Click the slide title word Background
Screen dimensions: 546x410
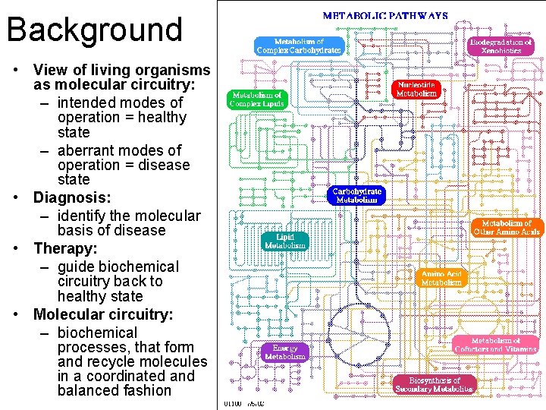tap(95, 29)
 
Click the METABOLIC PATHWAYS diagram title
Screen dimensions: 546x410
tap(385, 14)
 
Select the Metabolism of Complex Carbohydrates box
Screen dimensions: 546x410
tap(298, 46)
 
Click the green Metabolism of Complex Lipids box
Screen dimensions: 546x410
tap(258, 99)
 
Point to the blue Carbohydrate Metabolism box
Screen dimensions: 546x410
tap(357, 195)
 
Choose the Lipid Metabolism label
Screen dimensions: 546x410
tap(285, 241)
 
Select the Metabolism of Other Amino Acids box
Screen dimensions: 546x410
tap(507, 227)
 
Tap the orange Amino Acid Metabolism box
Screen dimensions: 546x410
tap(441, 277)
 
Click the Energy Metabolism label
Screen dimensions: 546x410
tap(285, 352)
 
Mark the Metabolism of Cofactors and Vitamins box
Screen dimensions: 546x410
tap(496, 345)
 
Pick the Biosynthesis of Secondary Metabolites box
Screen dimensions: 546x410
tap(435, 384)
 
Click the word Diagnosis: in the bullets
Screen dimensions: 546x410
tap(72, 197)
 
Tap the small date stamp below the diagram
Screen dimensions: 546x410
tap(243, 404)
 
